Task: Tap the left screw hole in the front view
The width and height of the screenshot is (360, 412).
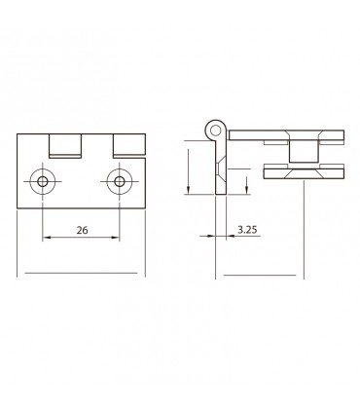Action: (43, 182)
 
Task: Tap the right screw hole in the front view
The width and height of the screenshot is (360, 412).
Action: (119, 182)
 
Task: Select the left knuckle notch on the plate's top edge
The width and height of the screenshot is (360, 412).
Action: (64, 146)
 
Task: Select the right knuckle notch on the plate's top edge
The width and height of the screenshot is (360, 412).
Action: (127, 146)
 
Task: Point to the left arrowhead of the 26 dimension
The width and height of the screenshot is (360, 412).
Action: (46, 239)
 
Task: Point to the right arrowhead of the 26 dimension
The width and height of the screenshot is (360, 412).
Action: (116, 239)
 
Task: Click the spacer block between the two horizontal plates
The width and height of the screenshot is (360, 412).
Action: (304, 151)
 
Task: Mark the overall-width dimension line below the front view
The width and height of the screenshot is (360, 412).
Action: (82, 276)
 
